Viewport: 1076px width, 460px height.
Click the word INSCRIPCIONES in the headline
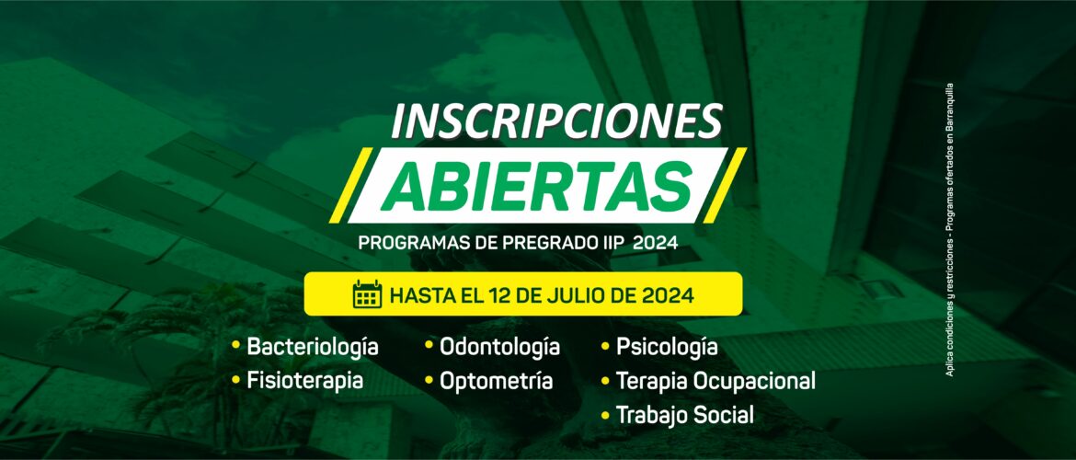(x=555, y=121)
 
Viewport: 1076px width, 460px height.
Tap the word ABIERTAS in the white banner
(x=537, y=186)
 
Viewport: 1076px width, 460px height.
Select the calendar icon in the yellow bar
(x=367, y=293)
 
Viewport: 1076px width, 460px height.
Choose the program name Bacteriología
(x=313, y=347)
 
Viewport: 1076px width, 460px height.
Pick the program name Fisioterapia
(x=304, y=380)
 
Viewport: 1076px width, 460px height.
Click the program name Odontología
(x=499, y=347)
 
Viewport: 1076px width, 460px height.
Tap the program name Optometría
(x=496, y=380)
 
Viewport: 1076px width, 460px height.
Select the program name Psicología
(x=667, y=347)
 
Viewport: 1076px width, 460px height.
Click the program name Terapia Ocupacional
(x=715, y=380)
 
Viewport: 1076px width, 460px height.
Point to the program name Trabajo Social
(x=685, y=415)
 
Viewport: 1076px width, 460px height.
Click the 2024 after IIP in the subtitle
(x=659, y=244)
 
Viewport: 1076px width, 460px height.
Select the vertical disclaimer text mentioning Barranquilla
(x=949, y=229)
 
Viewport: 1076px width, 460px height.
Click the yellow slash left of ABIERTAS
(x=350, y=185)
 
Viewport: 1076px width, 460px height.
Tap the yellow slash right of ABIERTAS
(x=724, y=185)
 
